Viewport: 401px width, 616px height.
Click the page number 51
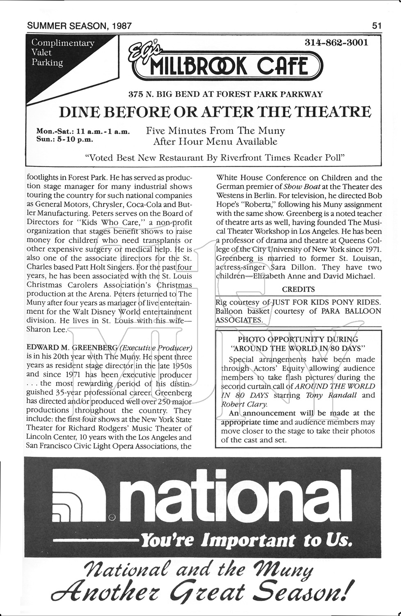[377, 26]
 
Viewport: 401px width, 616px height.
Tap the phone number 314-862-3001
[336, 42]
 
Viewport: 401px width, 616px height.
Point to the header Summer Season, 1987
[79, 26]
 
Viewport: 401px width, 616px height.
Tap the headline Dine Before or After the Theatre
[215, 112]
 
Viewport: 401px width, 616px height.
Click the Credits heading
[298, 289]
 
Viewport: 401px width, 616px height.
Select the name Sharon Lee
[45, 329]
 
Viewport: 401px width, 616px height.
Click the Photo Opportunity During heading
[298, 340]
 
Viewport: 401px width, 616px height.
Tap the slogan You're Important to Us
[246, 540]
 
